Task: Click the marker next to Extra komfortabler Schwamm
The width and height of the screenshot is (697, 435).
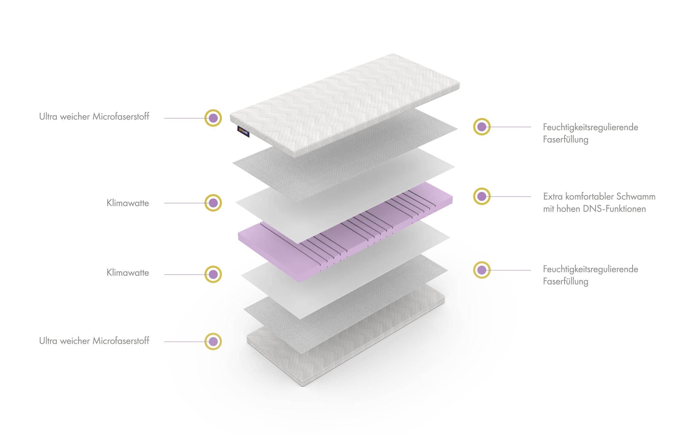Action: [x=482, y=197]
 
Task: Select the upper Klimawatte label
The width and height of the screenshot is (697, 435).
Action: [x=128, y=203]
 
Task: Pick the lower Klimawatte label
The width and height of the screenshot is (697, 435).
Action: [x=128, y=273]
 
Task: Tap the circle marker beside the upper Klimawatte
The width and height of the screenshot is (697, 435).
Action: [x=213, y=203]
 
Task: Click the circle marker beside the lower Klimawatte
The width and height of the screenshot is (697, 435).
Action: [x=213, y=274]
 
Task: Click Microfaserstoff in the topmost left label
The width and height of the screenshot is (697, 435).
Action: [x=121, y=117]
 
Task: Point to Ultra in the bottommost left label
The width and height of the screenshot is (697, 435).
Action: [x=48, y=341]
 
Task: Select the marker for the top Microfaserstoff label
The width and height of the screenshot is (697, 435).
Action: [x=213, y=118]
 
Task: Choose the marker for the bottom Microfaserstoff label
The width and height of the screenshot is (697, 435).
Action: [x=213, y=341]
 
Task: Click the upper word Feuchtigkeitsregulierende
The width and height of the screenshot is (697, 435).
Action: [x=591, y=127]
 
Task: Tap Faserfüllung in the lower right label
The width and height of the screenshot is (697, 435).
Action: [x=565, y=281]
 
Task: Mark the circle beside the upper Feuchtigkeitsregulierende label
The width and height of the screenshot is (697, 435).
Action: [x=482, y=127]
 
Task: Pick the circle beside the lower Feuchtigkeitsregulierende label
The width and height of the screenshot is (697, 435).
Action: [x=482, y=270]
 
